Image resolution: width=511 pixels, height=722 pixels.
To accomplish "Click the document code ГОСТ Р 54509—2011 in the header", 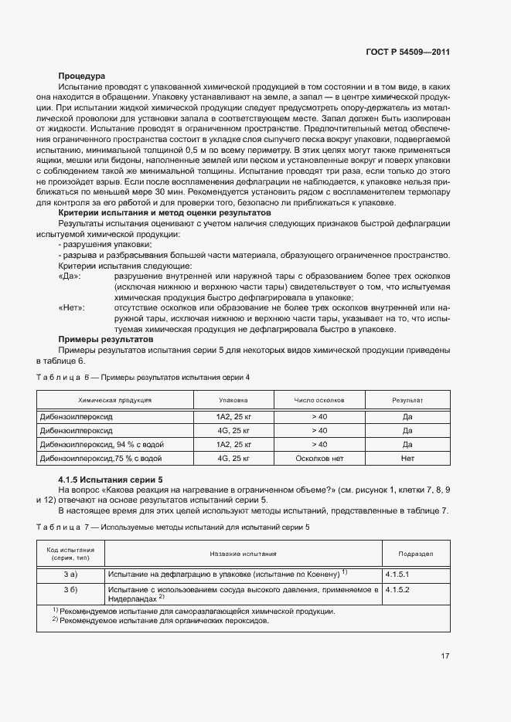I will point(407,53).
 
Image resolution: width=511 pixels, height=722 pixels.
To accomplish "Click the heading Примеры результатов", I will point(106,339).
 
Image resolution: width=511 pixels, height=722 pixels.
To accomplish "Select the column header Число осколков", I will point(319,401).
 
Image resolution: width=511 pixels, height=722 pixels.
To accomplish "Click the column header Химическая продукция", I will point(114,401).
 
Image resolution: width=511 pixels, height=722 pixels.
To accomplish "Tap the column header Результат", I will point(407,401).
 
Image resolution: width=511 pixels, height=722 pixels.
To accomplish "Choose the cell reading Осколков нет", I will point(319,458).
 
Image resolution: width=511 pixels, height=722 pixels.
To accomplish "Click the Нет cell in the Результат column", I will point(407,458).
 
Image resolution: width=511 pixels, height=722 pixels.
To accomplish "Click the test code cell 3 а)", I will point(70,575).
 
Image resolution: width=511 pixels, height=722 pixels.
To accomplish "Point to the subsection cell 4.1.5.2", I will point(397,588).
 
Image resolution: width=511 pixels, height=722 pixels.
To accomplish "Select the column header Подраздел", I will point(415,554).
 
